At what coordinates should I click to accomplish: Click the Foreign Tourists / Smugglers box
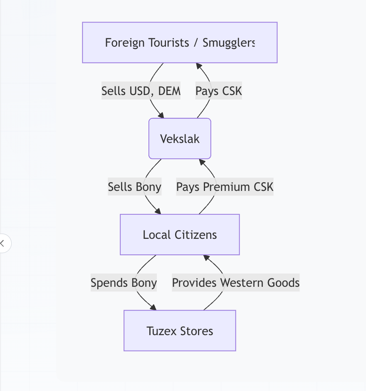point(180,43)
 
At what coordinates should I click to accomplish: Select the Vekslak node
point(180,139)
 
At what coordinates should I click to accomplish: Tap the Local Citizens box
point(180,235)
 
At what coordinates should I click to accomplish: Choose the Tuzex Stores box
point(180,331)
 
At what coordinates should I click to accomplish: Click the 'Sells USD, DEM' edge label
point(141,91)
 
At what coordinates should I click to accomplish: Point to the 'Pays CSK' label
point(219,91)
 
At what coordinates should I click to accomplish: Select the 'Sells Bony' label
point(134,187)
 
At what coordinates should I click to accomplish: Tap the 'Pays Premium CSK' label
point(225,187)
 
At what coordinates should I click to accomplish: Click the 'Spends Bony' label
point(124,283)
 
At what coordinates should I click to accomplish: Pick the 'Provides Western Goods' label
point(236,283)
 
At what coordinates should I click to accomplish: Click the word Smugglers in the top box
point(228,43)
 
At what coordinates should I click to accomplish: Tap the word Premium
point(220,187)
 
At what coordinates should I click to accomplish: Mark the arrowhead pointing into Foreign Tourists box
point(199,66)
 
